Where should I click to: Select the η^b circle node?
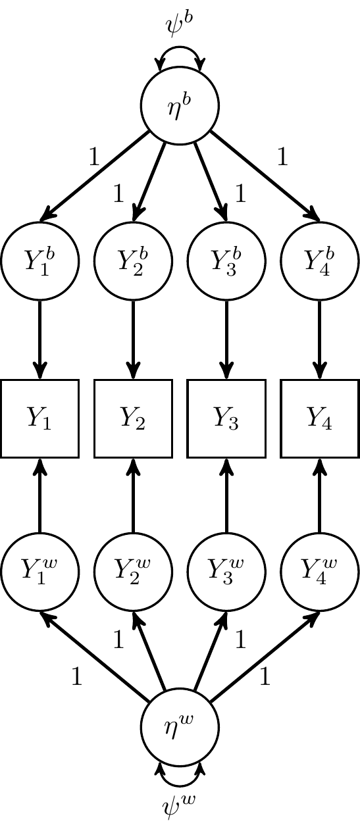tap(180, 105)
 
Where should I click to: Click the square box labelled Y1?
tap(40, 418)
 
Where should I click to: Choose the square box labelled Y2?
tap(134, 418)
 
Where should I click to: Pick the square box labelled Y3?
tap(226, 418)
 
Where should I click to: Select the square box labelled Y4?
tap(320, 418)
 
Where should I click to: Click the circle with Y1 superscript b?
tap(40, 261)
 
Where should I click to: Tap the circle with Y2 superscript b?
tap(134, 261)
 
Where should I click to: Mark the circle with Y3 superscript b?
tap(226, 261)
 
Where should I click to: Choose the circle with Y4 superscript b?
tap(320, 261)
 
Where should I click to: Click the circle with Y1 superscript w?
tap(40, 571)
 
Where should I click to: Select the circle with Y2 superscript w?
tap(134, 571)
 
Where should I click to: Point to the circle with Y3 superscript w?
tap(226, 571)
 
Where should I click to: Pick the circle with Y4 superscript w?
tap(320, 571)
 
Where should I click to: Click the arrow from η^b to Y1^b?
tap(95, 176)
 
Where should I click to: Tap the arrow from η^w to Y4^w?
tap(265, 656)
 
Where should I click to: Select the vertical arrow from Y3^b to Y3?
tap(226, 339)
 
